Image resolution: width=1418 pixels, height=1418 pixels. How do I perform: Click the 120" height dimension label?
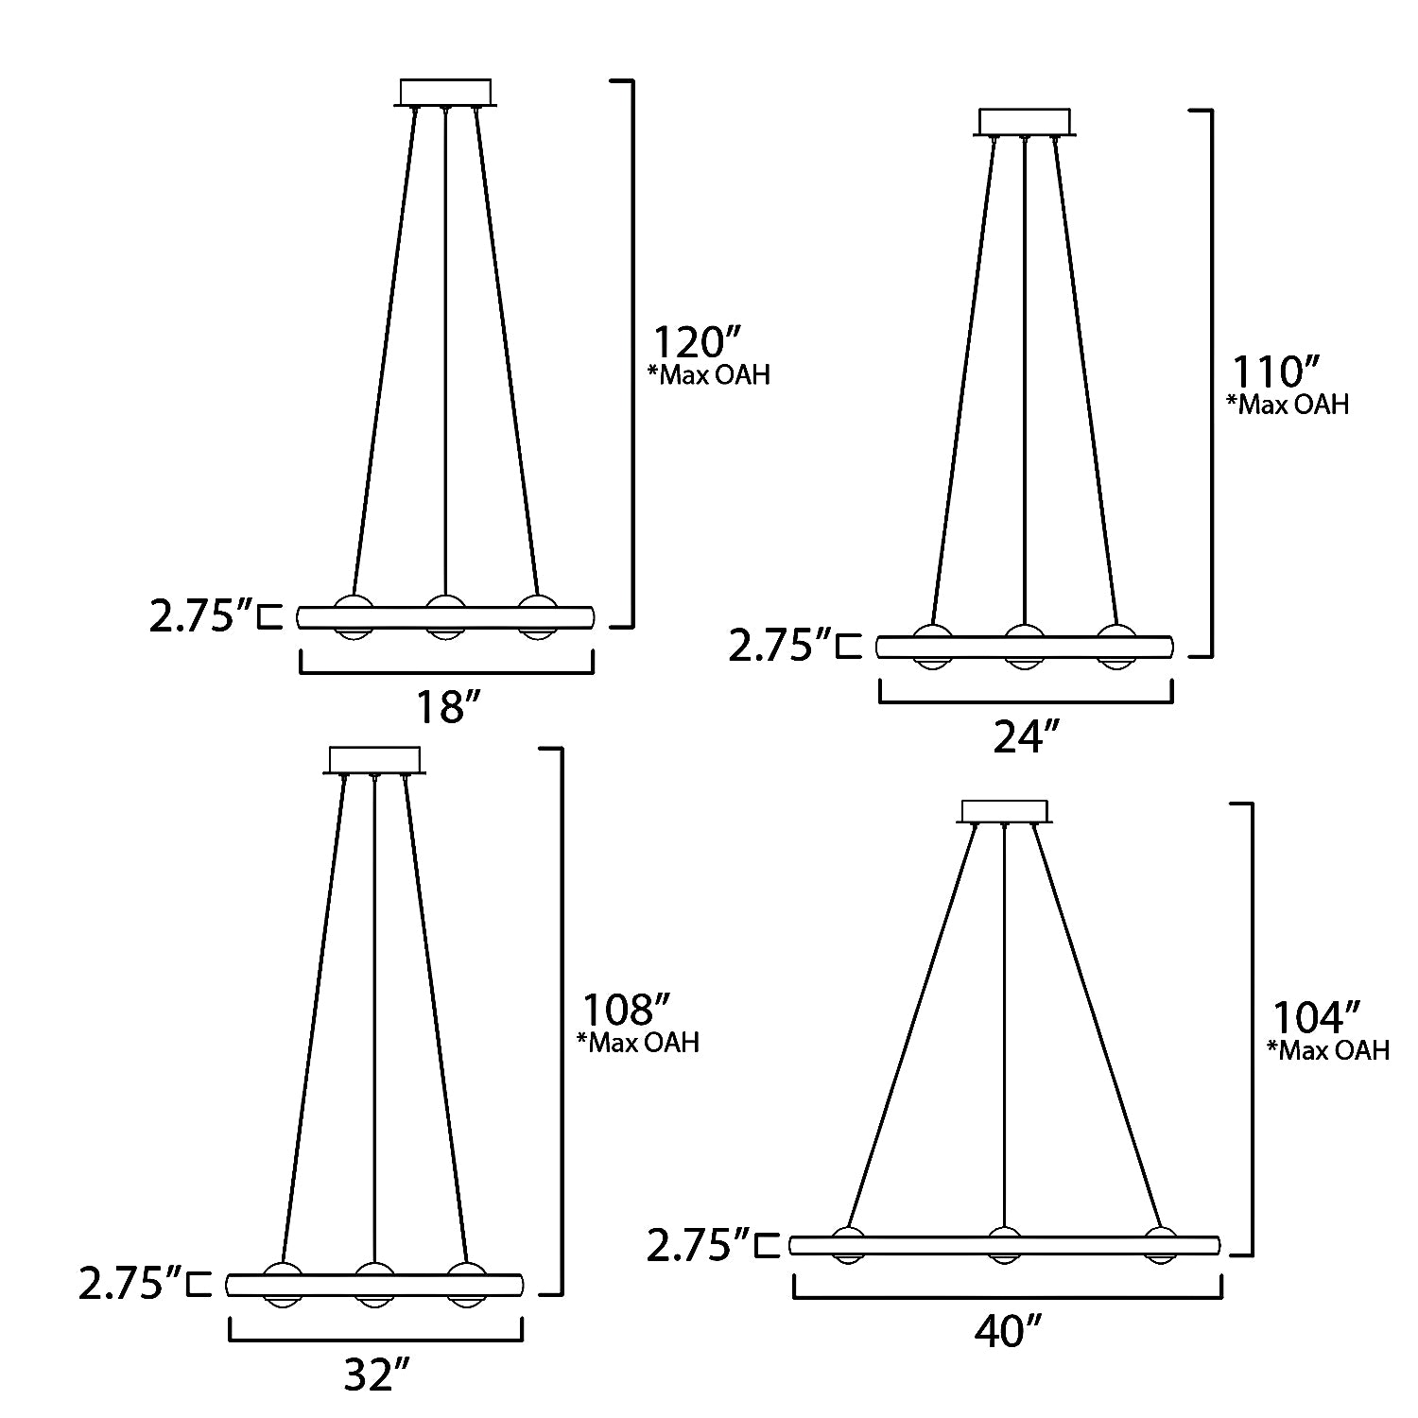point(698,340)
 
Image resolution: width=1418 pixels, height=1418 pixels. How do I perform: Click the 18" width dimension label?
point(446,706)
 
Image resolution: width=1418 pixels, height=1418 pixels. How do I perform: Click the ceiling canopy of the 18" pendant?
point(446,93)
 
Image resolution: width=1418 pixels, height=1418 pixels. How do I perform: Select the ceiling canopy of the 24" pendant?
point(1025,123)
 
